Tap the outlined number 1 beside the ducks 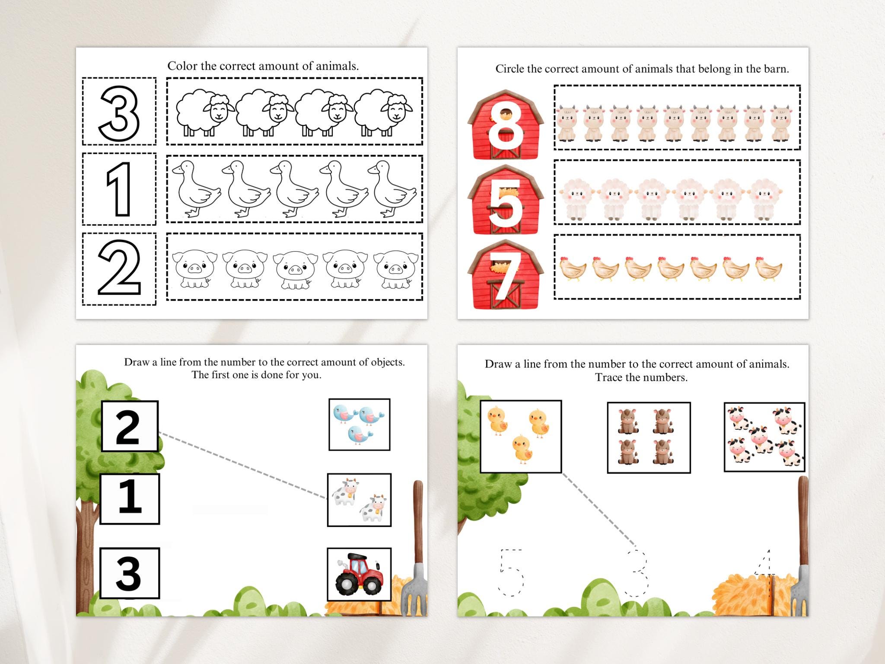(x=119, y=189)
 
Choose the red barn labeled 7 (x=506, y=275)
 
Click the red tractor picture (x=359, y=574)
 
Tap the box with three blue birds (x=359, y=425)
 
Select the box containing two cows (x=359, y=500)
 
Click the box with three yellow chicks (x=521, y=436)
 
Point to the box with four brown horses (x=649, y=437)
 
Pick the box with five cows (x=764, y=437)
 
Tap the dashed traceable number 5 (x=511, y=572)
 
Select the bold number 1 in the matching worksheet (x=130, y=498)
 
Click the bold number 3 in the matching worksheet (x=129, y=573)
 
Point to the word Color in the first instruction (x=183, y=66)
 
